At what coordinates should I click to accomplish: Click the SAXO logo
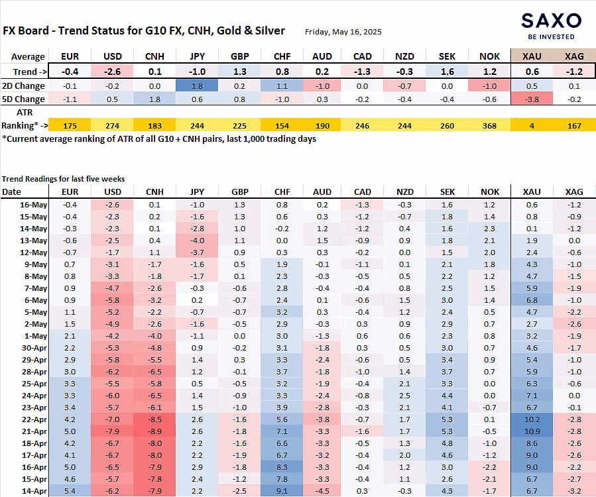551,21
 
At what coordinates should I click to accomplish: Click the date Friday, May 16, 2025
343,32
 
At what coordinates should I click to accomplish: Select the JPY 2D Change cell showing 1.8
197,86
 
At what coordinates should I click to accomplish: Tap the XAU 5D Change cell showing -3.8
532,99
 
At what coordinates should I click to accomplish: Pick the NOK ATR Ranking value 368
489,126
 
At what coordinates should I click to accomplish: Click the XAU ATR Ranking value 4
532,126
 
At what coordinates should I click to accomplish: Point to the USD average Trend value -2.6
112,72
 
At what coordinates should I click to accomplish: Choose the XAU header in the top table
532,56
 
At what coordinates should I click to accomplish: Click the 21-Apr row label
34,431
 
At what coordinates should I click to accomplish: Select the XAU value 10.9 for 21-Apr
532,431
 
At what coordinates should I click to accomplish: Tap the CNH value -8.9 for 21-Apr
154,431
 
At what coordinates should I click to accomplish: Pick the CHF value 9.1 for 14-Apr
282,491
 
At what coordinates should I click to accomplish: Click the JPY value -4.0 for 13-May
197,241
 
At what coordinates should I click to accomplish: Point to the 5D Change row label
24,99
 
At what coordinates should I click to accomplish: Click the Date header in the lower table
11,192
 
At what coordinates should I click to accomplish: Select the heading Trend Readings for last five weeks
63,178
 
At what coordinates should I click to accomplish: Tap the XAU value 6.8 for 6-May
532,300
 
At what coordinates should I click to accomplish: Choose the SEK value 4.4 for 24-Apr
447,396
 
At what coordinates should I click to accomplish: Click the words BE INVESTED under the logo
551,37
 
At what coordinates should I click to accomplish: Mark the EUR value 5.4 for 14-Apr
70,491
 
